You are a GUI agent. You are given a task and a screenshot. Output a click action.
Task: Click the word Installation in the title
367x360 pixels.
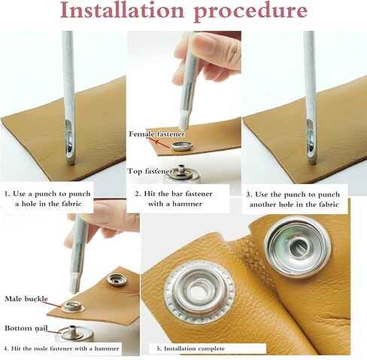coord(123,11)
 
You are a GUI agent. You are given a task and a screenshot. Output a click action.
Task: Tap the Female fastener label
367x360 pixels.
coord(157,134)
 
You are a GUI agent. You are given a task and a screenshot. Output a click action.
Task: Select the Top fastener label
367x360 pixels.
coord(150,171)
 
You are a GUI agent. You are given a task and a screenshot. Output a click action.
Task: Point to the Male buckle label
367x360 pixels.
coord(26,298)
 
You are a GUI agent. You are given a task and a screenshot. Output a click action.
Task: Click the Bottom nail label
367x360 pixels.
coord(26,328)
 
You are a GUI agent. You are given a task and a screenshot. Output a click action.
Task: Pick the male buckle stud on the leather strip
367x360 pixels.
coord(73,307)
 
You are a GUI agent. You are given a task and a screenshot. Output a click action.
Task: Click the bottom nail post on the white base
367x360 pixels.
coord(72,328)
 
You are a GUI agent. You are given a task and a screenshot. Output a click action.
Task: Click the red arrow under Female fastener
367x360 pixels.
coord(163,144)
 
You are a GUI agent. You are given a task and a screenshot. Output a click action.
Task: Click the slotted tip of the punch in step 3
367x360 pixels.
coord(311,141)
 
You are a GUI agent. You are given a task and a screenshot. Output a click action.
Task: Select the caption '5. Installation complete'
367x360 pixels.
coord(190,349)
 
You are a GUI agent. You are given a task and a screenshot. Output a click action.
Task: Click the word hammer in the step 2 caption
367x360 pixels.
coord(187,204)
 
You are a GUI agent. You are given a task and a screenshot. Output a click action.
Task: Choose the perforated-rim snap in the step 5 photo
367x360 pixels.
coord(199,292)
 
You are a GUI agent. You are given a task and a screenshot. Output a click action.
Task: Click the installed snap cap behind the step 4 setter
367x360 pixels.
coord(117,280)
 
